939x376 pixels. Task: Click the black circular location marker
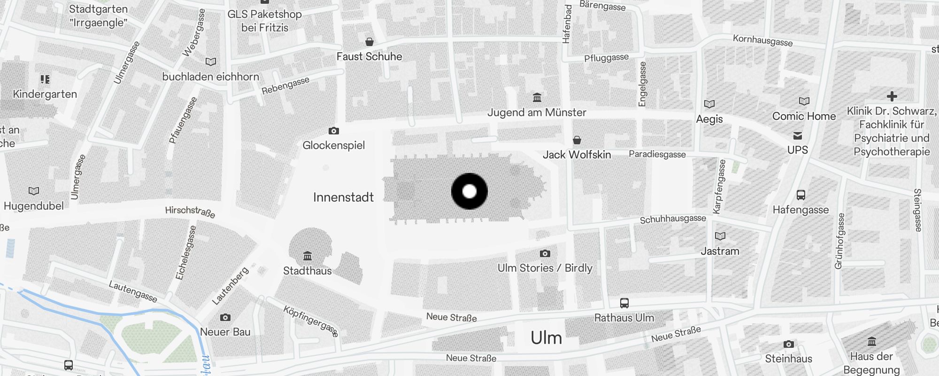469,191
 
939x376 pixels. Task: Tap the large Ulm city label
546,338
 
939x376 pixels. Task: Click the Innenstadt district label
343,197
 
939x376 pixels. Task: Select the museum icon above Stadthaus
308,256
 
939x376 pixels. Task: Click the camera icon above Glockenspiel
334,131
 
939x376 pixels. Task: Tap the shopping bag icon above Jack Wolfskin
577,140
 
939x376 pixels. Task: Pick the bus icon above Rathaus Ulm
624,303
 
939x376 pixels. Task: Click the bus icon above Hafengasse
801,195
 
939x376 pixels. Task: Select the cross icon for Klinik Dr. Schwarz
892,96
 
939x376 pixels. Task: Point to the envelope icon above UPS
798,136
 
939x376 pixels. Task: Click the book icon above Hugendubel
34,191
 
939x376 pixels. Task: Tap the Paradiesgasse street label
657,154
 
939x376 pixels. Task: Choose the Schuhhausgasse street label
673,219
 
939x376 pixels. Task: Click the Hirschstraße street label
190,212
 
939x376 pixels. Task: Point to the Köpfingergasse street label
310,321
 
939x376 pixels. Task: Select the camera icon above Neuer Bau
225,318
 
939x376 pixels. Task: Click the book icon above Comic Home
804,101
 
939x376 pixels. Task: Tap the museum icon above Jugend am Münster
537,98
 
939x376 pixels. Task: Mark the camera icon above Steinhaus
789,345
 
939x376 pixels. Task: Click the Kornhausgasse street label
762,40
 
